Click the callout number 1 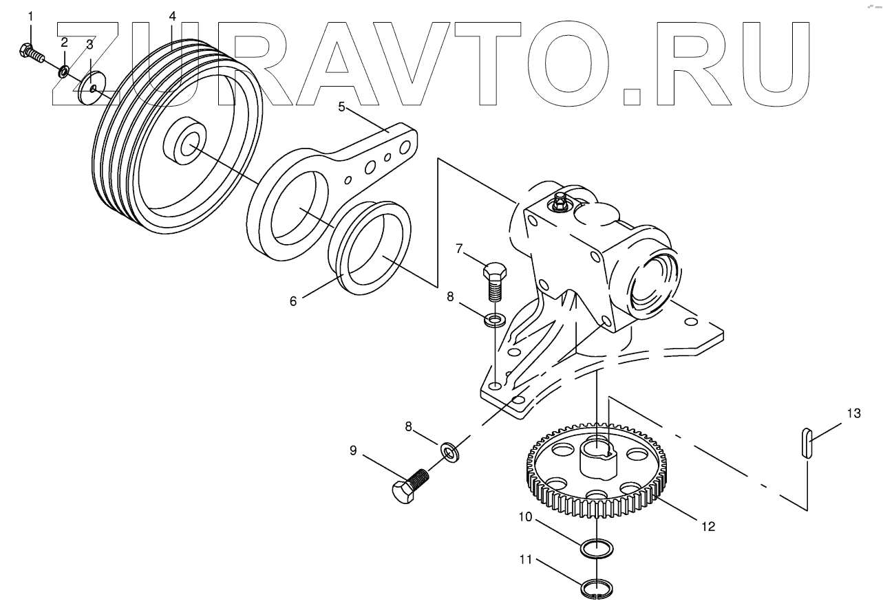(x=30, y=16)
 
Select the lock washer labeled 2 (x=63, y=71)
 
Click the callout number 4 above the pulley (x=172, y=14)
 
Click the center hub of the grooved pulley (x=184, y=143)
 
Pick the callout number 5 (x=341, y=107)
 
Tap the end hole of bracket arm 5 (x=406, y=145)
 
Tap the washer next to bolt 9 (x=451, y=452)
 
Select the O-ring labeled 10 (x=596, y=549)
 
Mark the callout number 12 (x=708, y=527)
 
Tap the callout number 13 (x=853, y=413)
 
